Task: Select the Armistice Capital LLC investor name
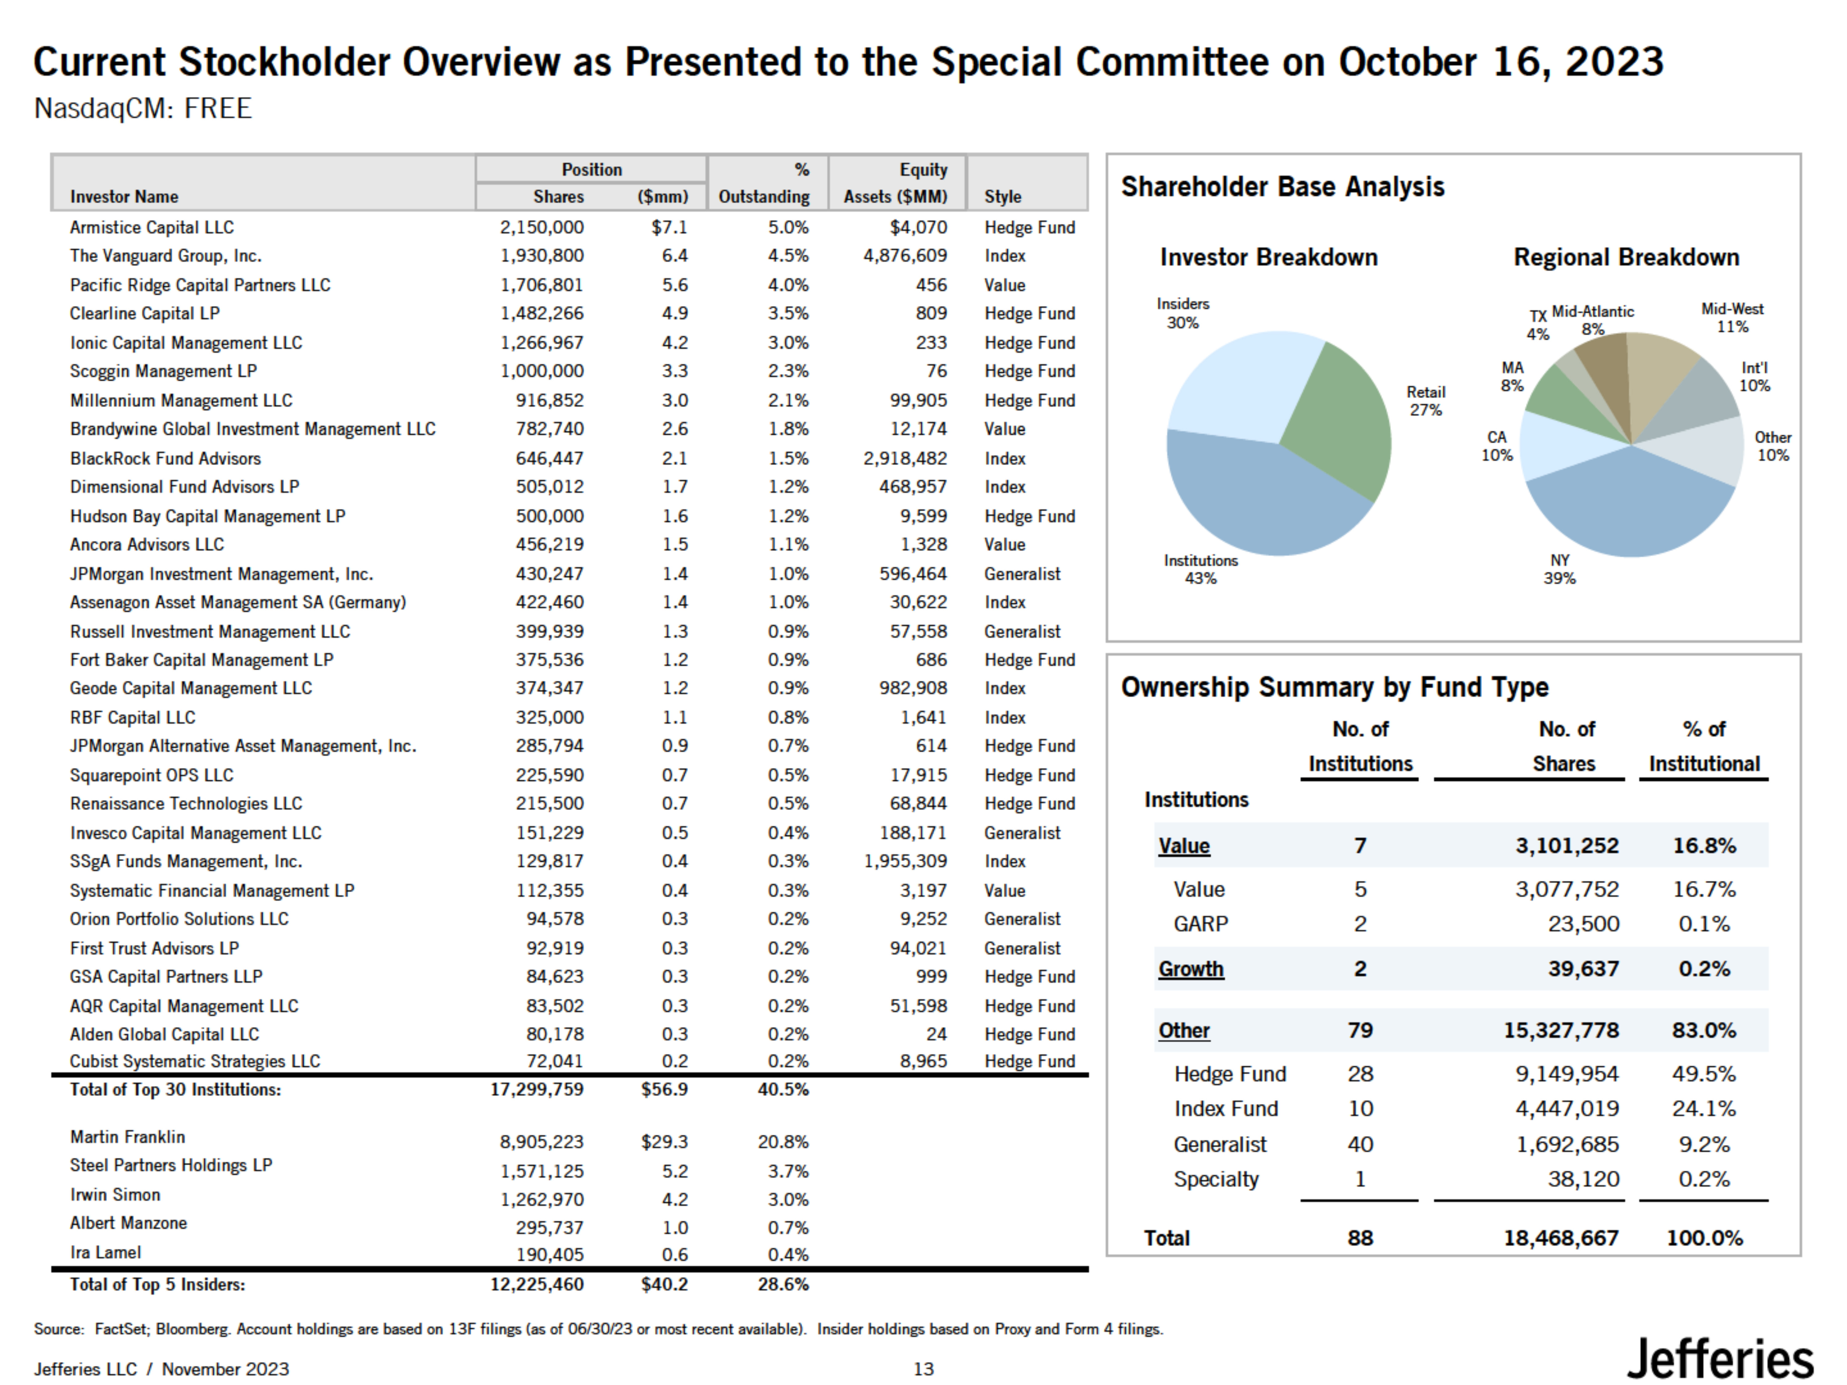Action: [152, 227]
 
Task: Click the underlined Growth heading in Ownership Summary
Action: [1191, 969]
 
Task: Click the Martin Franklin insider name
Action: [128, 1137]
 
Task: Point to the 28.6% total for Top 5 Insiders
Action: [783, 1284]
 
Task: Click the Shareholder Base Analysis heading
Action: [1282, 187]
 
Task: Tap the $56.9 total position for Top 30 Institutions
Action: [665, 1090]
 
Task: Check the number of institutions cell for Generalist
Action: [1360, 1145]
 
